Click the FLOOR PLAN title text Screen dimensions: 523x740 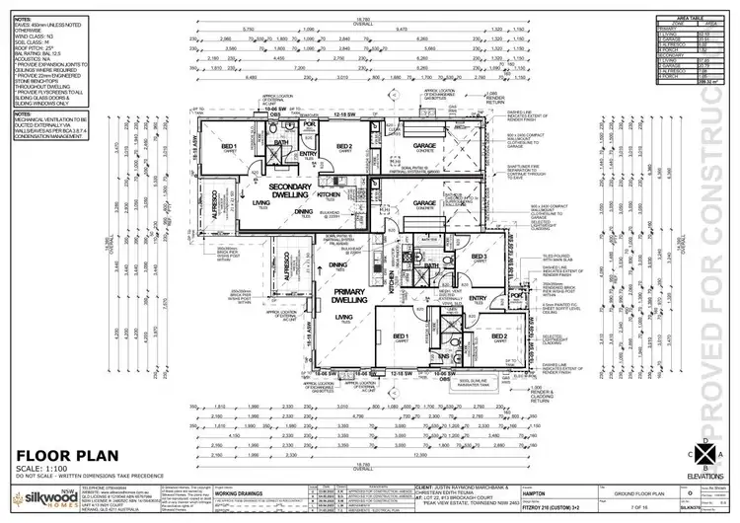tap(55, 455)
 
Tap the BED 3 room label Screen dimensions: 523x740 tap(480, 258)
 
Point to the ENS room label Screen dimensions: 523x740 tap(445, 356)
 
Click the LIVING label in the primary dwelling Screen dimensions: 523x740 tap(344, 316)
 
